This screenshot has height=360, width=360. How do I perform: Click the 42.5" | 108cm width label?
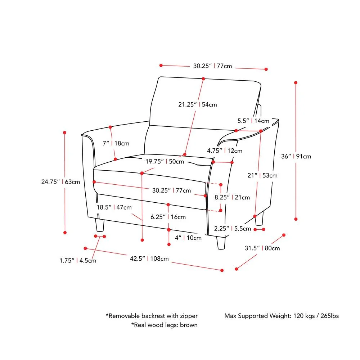tap(149, 258)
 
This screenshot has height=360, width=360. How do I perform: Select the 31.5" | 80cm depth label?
tap(262, 248)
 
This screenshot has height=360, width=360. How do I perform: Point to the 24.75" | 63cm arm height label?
tap(60, 182)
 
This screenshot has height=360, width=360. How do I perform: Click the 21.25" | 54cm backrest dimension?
tap(198, 104)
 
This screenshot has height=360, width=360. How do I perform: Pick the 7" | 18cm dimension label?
tap(116, 143)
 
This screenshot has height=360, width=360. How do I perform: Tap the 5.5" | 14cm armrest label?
tap(253, 121)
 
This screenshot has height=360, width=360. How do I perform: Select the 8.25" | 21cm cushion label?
tap(232, 197)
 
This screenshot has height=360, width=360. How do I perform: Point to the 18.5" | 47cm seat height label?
tap(114, 207)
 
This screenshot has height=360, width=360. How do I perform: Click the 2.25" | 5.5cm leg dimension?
tap(232, 228)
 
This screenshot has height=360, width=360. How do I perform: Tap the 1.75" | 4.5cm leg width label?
tap(78, 261)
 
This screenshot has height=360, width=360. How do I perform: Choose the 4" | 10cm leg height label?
tap(188, 238)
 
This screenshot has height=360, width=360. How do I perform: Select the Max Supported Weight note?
tap(282, 316)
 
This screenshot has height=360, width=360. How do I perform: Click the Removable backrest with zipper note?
tap(152, 316)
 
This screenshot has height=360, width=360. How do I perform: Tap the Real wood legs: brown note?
tap(164, 325)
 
